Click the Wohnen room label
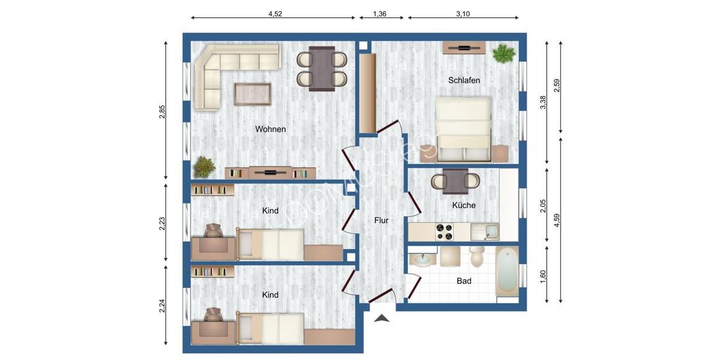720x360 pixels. pyautogui.click(x=270, y=129)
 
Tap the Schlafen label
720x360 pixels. pyautogui.click(x=464, y=80)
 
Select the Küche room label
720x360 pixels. pyautogui.click(x=464, y=205)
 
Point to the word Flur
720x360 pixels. pyautogui.click(x=381, y=220)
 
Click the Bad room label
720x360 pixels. pyautogui.click(x=464, y=281)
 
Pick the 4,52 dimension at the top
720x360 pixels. pyautogui.click(x=275, y=13)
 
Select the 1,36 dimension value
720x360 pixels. pyautogui.click(x=379, y=13)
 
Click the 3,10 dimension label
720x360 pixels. pyautogui.click(x=463, y=13)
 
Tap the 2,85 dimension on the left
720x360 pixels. pyautogui.click(x=162, y=112)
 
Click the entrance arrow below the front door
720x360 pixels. pyautogui.click(x=382, y=319)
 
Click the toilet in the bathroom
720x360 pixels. pyautogui.click(x=478, y=256)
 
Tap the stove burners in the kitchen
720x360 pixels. pyautogui.click(x=445, y=230)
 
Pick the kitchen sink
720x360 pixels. pyautogui.click(x=484, y=230)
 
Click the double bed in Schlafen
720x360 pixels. pyautogui.click(x=464, y=129)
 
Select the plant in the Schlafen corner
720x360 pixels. pyautogui.click(x=503, y=54)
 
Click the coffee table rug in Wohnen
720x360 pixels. pyautogui.click(x=252, y=94)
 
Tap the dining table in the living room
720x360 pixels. pyautogui.click(x=322, y=68)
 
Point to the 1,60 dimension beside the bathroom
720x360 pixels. pyautogui.click(x=543, y=277)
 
